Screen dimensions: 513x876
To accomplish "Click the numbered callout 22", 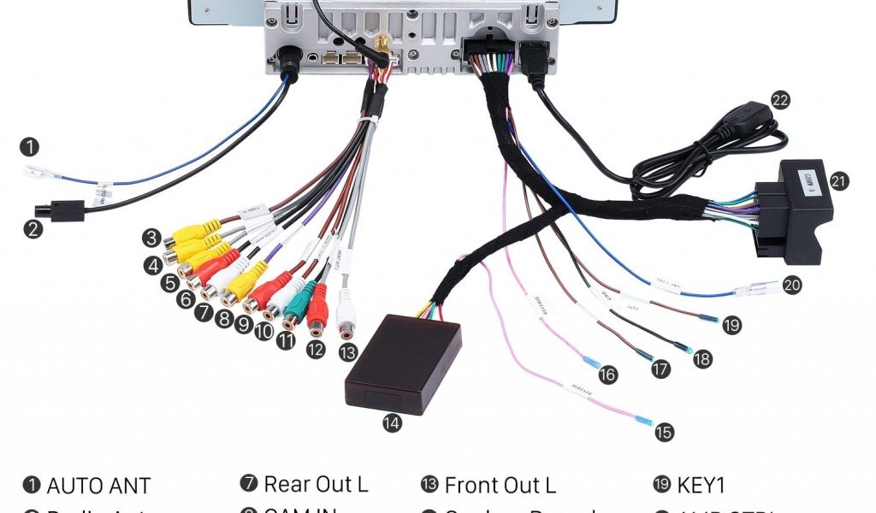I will pos(779,100).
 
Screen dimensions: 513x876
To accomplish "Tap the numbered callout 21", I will pos(839,181).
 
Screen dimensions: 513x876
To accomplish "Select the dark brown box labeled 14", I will pos(403,363).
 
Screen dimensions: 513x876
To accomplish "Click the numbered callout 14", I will pos(392,422).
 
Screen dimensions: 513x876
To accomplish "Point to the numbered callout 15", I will pos(665,433).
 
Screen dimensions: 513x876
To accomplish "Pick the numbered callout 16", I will pos(607,374).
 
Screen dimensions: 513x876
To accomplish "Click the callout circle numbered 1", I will pos(31,147).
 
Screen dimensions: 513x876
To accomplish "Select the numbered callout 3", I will pos(152,238).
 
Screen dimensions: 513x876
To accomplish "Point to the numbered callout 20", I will pos(792,285).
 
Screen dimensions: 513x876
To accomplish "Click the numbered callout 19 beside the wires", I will pos(731,325).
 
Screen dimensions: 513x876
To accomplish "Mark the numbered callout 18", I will pos(702,359).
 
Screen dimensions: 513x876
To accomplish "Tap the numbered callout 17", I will pos(660,369).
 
